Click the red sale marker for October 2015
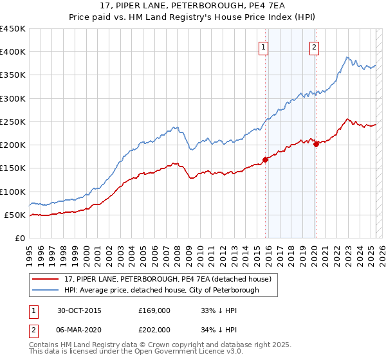[266, 160]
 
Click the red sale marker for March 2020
[316, 144]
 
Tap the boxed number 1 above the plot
[264, 46]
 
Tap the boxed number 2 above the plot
[315, 46]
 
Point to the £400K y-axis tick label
[13, 52]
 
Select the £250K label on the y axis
[13, 122]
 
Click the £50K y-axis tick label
[15, 215]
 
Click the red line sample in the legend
[45, 279]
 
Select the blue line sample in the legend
[45, 290]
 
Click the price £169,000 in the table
[155, 310]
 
